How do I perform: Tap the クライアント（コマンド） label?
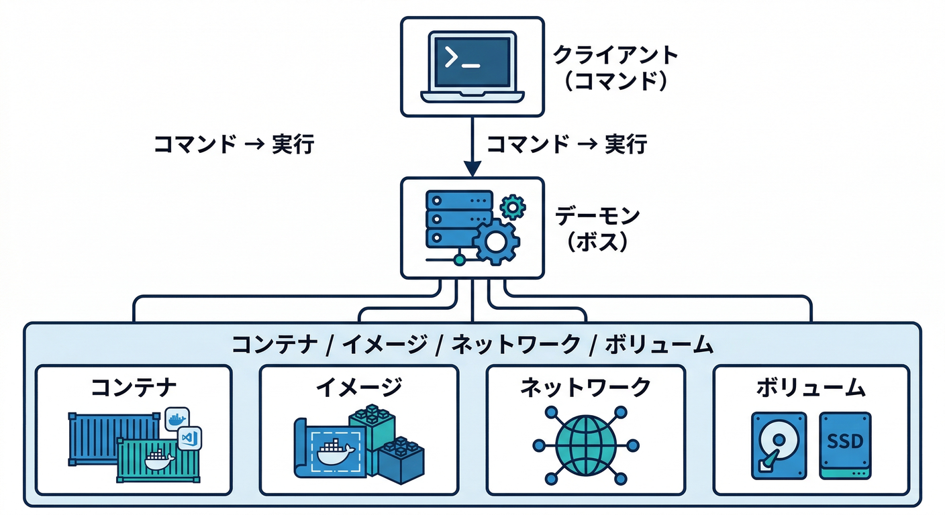pyautogui.click(x=615, y=67)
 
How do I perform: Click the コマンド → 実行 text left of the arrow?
pyautogui.click(x=234, y=144)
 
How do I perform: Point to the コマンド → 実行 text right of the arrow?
pyautogui.click(x=566, y=144)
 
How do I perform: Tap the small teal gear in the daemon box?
pyautogui.click(x=513, y=207)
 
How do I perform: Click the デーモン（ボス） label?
pyautogui.click(x=598, y=229)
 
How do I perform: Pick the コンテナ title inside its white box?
pyautogui.click(x=134, y=388)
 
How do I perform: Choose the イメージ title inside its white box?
pyautogui.click(x=358, y=388)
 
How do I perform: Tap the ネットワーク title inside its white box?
pyautogui.click(x=585, y=388)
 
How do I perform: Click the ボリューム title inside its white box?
pyautogui.click(x=811, y=388)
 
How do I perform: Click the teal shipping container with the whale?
pyautogui.click(x=158, y=460)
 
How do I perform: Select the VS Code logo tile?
pyautogui.click(x=189, y=438)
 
